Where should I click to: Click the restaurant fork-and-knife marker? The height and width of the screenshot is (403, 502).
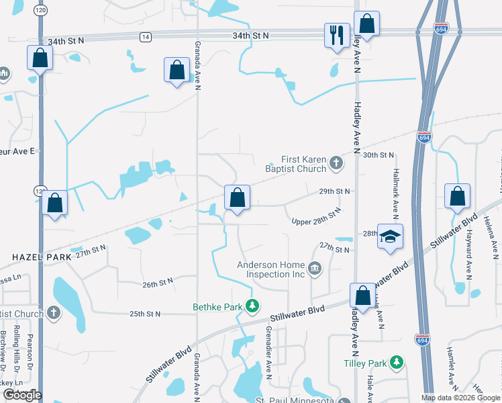pos(336,35)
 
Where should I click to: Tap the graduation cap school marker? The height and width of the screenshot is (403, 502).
pos(390,237)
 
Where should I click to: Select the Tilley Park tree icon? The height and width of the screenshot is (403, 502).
pos(397,363)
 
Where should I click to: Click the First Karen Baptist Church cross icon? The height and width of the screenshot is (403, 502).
pos(336,163)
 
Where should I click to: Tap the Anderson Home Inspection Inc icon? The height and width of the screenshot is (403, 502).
pos(314,269)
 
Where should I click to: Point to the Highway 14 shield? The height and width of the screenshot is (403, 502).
pos(146,38)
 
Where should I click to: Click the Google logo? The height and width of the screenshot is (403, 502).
pos(21,395)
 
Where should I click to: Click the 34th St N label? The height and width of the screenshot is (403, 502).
pos(250,35)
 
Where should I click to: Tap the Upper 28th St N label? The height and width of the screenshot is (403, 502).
pos(316,216)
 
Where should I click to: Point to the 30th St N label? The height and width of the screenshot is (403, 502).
pos(378,155)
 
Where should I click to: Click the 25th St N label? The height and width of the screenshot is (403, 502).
pos(145,314)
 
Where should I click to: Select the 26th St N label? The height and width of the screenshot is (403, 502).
pos(158,282)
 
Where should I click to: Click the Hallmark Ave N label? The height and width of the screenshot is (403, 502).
pos(396,193)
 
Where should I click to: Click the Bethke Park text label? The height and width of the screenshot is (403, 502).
pos(218,307)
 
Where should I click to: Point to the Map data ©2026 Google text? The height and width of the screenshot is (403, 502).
pos(460,397)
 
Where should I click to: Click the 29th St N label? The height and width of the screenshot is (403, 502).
pos(336,191)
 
